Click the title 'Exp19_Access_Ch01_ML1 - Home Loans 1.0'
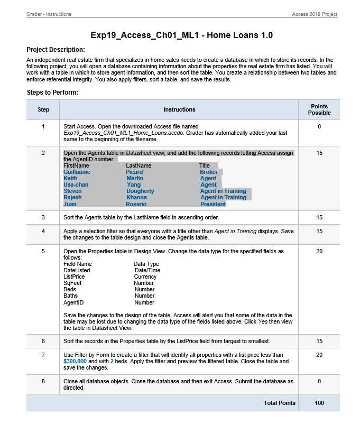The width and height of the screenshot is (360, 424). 182,35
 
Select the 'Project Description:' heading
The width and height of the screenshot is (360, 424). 56,49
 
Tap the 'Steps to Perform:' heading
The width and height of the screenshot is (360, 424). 52,93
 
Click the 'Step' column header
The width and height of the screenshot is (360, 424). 43,109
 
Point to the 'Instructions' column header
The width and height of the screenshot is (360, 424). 179,109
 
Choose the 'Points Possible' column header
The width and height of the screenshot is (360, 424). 319,109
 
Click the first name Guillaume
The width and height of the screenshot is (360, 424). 77,172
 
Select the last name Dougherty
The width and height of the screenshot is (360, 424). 140,191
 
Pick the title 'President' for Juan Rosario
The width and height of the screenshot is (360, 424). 213,204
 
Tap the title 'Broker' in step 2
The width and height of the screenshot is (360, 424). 209,172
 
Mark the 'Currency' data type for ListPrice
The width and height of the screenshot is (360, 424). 145,276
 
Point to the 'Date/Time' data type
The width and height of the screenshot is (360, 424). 147,270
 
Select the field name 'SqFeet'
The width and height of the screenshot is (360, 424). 72,283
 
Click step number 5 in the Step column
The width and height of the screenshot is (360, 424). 43,251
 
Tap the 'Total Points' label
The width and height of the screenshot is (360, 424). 279,403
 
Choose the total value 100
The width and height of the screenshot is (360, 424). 319,403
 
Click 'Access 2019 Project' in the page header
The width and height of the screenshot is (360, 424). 315,14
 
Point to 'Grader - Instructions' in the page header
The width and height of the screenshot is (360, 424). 49,14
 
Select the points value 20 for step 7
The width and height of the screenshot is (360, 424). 319,355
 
